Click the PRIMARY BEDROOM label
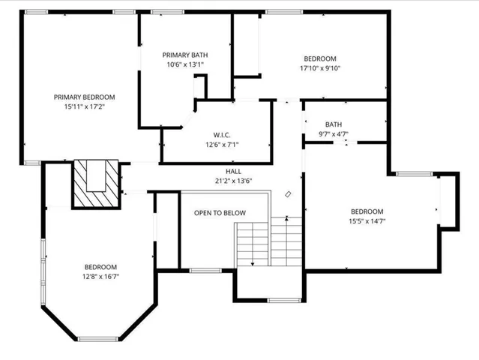84,97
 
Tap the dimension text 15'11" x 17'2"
84,107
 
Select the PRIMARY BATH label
185,55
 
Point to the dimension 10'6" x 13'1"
185,65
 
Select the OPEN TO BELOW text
220,214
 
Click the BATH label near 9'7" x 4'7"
334,124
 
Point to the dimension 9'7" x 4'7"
334,135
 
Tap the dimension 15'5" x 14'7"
367,222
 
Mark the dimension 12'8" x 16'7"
100,277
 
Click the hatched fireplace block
96,184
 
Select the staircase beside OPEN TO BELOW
270,241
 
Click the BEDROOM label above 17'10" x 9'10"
319,58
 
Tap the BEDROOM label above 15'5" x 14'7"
367,211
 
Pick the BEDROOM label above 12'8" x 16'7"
100,267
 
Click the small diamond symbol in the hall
288,193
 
